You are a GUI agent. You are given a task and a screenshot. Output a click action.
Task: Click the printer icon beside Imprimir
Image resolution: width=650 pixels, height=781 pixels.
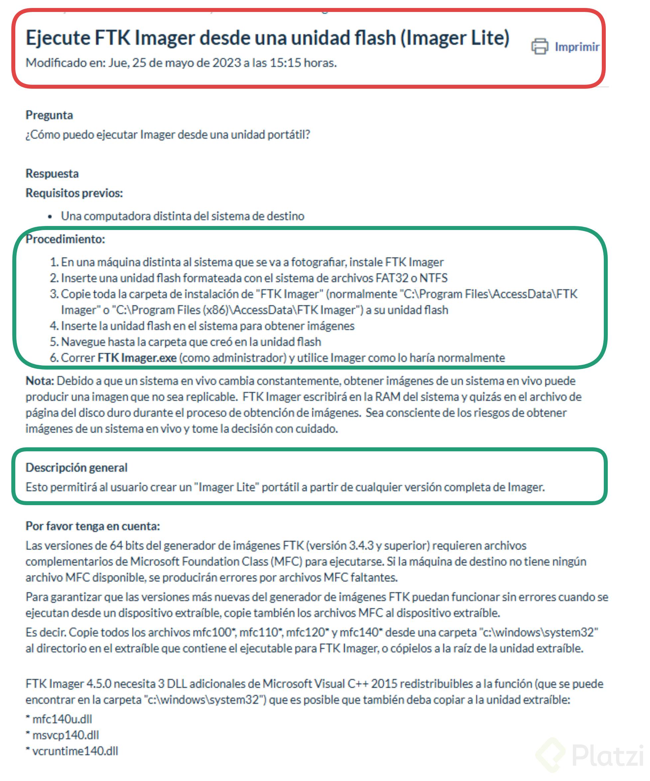coord(540,47)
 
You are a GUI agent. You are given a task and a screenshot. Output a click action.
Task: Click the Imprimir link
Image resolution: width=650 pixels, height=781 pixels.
coord(577,47)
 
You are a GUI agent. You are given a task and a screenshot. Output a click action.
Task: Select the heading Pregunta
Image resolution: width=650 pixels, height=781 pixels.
coord(49,115)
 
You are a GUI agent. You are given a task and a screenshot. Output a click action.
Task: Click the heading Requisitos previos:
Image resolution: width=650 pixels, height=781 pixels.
coord(74,193)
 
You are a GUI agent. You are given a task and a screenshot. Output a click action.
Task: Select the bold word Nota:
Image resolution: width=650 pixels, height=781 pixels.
coord(40,381)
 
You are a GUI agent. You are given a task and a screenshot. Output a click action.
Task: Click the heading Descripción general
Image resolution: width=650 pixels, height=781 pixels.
coord(76,468)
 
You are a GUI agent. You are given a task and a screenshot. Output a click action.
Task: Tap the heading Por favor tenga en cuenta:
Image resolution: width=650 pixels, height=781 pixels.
coord(93,526)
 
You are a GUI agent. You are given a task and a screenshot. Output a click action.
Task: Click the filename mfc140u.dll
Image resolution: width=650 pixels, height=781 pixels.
coord(62,719)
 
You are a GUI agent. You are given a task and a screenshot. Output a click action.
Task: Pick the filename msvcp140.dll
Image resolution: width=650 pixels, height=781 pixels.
coord(65,735)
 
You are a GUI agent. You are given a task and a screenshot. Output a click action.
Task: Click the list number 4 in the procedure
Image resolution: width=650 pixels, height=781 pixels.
coord(54,326)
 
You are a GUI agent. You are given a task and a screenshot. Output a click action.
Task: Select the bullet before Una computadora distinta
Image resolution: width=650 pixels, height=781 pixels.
coord(50,216)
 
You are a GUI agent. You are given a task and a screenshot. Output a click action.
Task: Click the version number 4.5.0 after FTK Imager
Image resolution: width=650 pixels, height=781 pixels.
coord(99,684)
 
